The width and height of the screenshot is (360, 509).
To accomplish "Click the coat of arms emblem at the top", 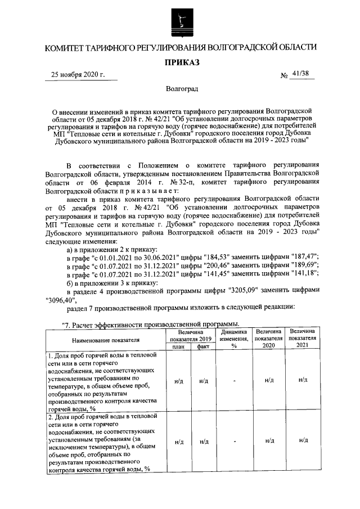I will tap(181, 21).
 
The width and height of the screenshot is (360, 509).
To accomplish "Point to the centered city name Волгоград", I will tap(181, 89).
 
